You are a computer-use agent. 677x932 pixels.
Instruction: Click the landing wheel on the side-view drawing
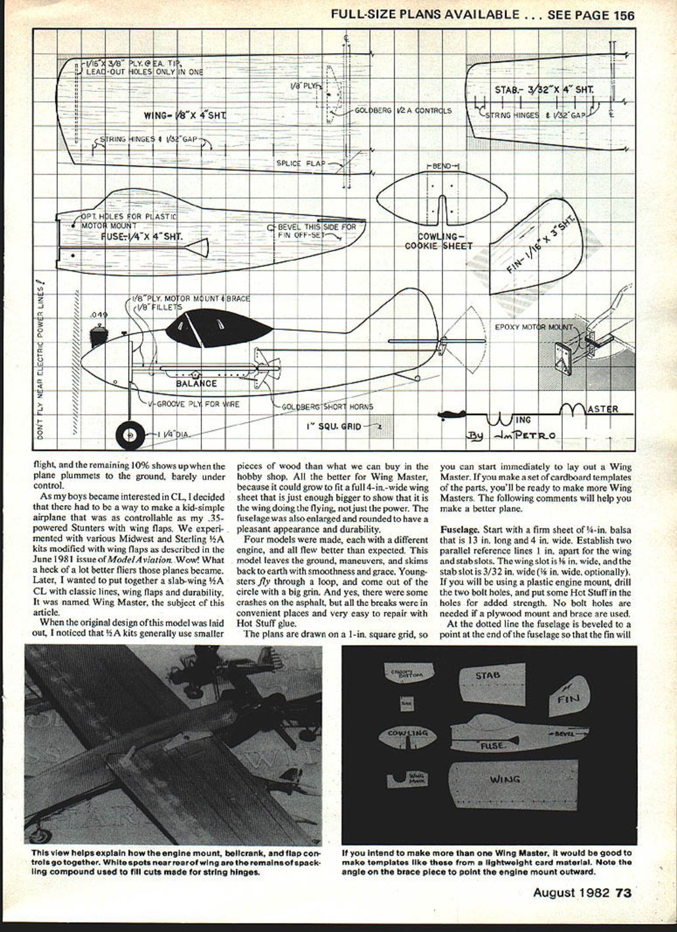pyautogui.click(x=130, y=434)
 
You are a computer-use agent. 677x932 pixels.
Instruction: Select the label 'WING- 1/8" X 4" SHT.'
pyautogui.click(x=185, y=116)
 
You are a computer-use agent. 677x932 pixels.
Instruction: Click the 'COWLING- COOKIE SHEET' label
pyautogui.click(x=438, y=241)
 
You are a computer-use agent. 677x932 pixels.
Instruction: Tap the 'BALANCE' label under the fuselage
pyautogui.click(x=196, y=384)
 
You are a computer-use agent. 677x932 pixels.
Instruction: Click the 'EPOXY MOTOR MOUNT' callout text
pyautogui.click(x=533, y=326)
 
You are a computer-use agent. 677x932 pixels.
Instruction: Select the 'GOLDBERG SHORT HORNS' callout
pyautogui.click(x=327, y=407)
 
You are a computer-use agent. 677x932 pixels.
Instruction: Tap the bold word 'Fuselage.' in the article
pyautogui.click(x=461, y=529)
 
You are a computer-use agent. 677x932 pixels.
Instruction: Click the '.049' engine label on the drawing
pyautogui.click(x=100, y=315)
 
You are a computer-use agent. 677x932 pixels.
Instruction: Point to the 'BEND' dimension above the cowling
pyautogui.click(x=443, y=167)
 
